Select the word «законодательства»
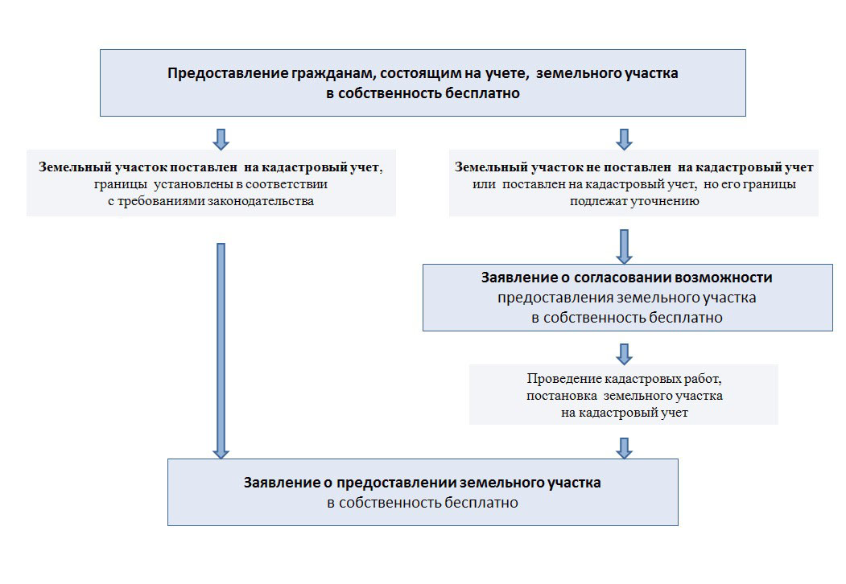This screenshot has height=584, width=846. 258,201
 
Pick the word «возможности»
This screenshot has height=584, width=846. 722,278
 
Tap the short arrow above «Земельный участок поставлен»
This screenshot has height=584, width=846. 221,138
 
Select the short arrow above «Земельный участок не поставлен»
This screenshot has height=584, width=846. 624,138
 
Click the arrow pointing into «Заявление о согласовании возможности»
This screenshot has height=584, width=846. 624,246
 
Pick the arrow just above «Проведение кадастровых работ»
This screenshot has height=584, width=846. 624,352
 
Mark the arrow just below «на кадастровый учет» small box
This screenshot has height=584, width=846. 624,447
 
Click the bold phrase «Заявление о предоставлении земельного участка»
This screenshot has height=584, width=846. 423,484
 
